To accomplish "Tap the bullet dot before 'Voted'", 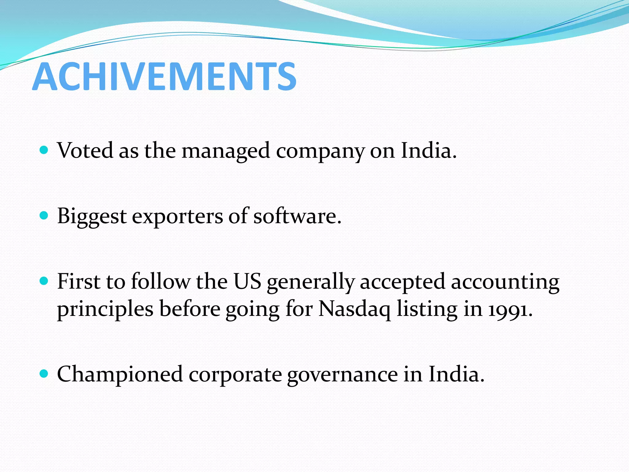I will tap(44, 150).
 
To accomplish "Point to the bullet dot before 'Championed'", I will tap(44, 373).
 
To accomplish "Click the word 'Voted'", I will tap(85, 151).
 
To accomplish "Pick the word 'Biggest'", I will tap(92, 216).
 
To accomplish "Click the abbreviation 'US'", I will tap(247, 281).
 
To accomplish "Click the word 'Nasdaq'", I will tap(354, 309).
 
